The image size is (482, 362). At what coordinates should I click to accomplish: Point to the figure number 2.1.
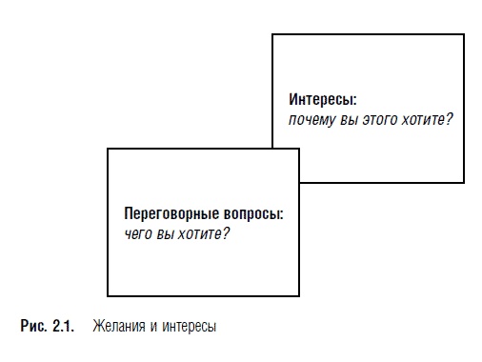tap(63, 327)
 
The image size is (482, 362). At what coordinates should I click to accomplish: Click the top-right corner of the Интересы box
tap(464, 35)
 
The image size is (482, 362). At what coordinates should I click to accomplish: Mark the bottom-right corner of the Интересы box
tap(464, 182)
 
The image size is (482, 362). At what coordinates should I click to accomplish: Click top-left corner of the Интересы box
tap(272, 35)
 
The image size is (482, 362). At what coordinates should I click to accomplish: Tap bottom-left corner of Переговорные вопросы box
tap(108, 295)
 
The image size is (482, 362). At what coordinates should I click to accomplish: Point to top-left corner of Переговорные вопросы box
tap(108, 149)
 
